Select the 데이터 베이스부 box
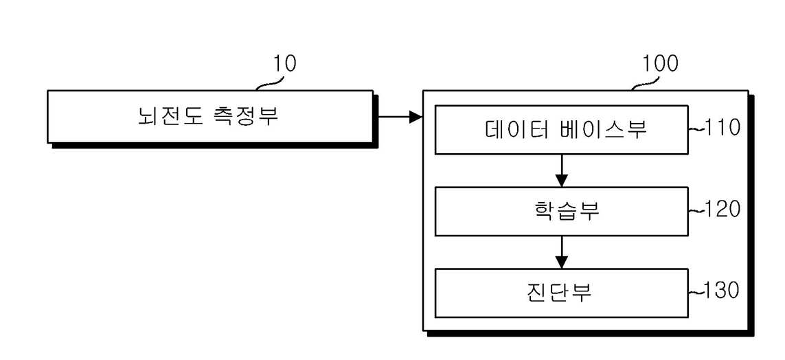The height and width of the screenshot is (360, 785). click(562, 129)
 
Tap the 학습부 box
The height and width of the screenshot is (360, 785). click(562, 212)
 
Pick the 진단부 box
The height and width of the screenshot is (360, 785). click(562, 293)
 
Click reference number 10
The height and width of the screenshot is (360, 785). click(284, 64)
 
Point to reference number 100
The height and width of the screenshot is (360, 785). click(660, 64)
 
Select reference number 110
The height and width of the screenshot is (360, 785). click(722, 128)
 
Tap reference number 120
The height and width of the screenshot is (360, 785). click(722, 210)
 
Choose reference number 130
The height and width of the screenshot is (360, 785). click(722, 291)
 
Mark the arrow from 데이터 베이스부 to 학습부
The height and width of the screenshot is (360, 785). click(562, 170)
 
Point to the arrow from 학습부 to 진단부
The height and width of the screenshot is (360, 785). click(562, 252)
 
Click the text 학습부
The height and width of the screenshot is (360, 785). click(564, 212)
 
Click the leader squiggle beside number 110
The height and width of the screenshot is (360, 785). click(696, 129)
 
